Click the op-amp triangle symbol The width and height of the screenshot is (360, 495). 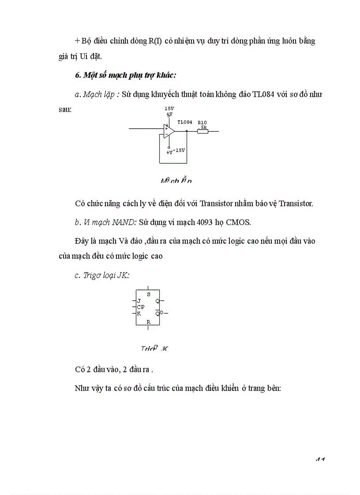click(x=169, y=131)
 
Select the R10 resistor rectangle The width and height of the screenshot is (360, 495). click(x=202, y=131)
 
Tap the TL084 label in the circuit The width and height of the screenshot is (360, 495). click(x=184, y=122)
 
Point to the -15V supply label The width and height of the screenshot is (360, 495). click(x=179, y=150)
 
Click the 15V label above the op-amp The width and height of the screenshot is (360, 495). click(x=169, y=108)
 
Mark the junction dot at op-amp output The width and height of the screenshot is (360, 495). click(x=187, y=131)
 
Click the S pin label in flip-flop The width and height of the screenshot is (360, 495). click(x=148, y=294)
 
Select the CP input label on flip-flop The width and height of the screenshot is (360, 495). click(x=140, y=307)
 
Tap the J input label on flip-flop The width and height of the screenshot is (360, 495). click(x=139, y=301)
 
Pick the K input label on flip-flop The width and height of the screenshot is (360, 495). click(x=139, y=313)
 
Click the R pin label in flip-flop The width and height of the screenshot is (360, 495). click(x=148, y=322)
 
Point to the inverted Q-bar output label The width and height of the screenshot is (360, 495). click(x=157, y=313)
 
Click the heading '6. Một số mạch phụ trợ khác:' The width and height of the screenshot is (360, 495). click(x=125, y=75)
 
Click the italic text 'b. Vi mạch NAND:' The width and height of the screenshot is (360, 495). click(x=106, y=222)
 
